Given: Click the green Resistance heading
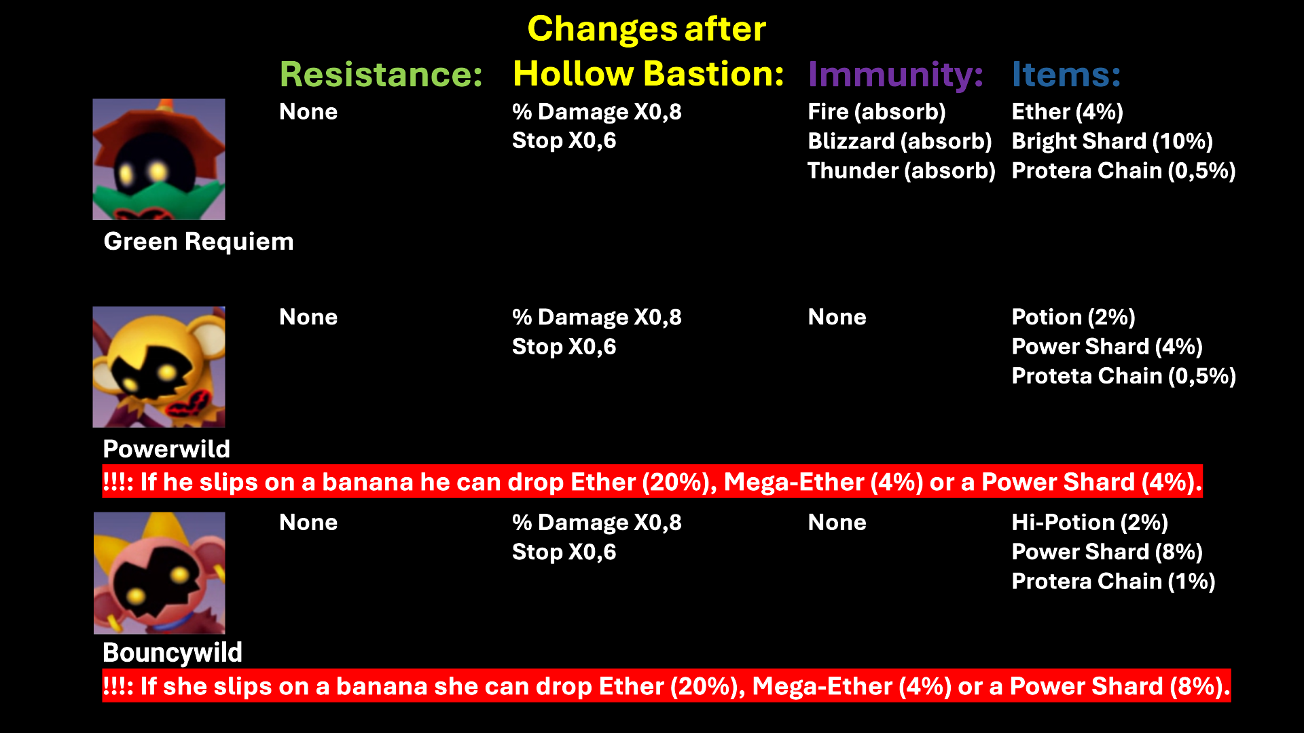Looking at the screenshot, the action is tap(381, 74).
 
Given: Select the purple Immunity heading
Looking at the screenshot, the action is tap(896, 75).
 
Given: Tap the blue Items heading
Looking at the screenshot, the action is tap(1066, 74).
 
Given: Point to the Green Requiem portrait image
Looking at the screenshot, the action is tap(159, 159).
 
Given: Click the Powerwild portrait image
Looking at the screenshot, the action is tap(159, 366).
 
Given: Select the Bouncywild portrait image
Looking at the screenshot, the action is tap(160, 573).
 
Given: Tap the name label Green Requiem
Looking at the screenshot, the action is tap(199, 242).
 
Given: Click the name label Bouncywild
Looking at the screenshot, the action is tap(173, 653).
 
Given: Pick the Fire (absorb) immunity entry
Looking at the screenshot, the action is tap(877, 112).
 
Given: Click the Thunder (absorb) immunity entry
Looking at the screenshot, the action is tap(902, 170).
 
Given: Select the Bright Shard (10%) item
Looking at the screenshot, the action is tap(1112, 141).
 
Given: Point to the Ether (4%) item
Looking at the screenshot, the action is tap(1068, 112).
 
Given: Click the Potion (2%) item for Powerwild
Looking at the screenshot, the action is tap(1074, 317).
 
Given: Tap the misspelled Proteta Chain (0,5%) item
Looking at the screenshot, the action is tap(1124, 376).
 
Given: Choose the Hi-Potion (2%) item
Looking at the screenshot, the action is tap(1090, 523).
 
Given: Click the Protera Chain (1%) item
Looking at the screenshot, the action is tap(1114, 582).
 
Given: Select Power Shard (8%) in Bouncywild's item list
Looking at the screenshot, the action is tap(1108, 552).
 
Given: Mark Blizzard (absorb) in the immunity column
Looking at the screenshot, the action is tap(900, 141).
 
